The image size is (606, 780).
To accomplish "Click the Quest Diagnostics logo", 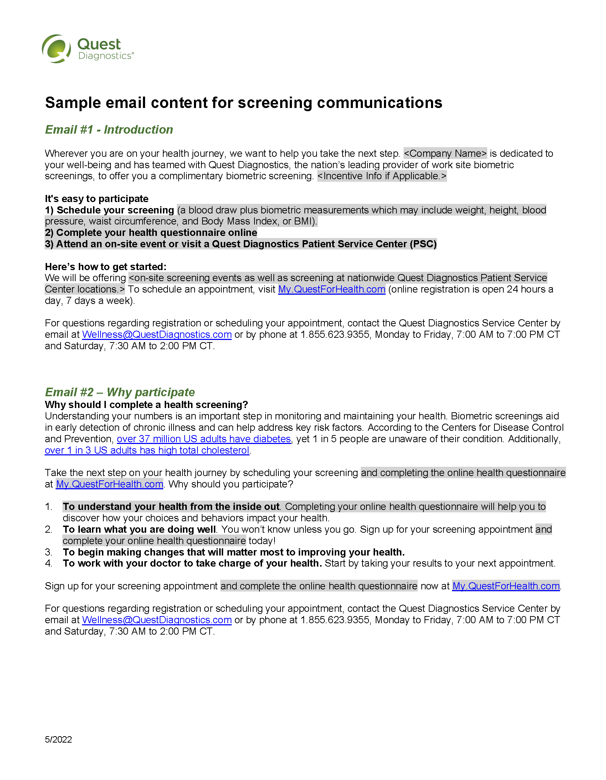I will pyautogui.click(x=88, y=49).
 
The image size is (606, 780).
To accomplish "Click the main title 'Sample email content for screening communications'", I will pyautogui.click(x=243, y=103).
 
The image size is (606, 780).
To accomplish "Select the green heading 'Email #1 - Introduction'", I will pyautogui.click(x=109, y=130).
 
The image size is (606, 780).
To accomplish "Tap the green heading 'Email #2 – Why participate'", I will pyautogui.click(x=120, y=392).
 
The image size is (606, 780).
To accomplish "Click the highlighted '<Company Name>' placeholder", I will pyautogui.click(x=445, y=154).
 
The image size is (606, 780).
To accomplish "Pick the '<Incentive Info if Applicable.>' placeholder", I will pyautogui.click(x=382, y=176).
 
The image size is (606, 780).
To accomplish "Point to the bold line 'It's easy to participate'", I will pyautogui.click(x=97, y=198).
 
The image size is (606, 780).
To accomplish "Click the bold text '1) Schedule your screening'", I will pyautogui.click(x=109, y=210).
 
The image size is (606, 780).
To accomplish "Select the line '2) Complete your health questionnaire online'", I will pyautogui.click(x=151, y=232).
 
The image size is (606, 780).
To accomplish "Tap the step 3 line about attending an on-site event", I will pyautogui.click(x=241, y=244).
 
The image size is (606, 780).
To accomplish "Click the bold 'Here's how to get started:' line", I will pyautogui.click(x=106, y=267).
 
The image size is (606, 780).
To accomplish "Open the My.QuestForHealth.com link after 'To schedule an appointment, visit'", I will pyautogui.click(x=332, y=289).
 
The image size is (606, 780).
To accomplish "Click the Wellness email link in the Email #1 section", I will pyautogui.click(x=156, y=335).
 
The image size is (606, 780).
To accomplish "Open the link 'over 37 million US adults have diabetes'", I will pyautogui.click(x=204, y=439).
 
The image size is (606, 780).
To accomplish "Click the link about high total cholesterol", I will pyautogui.click(x=147, y=450).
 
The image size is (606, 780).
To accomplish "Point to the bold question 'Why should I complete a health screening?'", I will pyautogui.click(x=146, y=405).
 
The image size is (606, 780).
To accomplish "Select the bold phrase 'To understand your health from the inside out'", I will pyautogui.click(x=171, y=507).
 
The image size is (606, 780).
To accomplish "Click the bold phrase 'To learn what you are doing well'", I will pyautogui.click(x=139, y=529).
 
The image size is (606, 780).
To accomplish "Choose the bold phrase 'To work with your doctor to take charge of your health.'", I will pyautogui.click(x=192, y=563).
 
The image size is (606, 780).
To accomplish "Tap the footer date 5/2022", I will pyautogui.click(x=58, y=739).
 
